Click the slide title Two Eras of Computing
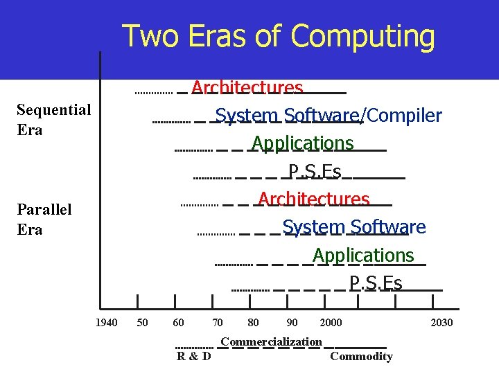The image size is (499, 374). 279,36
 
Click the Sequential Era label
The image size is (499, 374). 53,120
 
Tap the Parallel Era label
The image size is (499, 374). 44,219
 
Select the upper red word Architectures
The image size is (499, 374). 247,88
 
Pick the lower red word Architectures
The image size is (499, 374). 313,199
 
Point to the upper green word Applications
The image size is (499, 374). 302,143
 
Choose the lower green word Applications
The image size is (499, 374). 363,255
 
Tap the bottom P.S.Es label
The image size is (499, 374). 376,283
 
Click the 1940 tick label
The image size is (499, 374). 105,323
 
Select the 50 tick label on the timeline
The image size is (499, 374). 142,323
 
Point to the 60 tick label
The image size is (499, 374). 179,323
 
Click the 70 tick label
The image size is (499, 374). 218,323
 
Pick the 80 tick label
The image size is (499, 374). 254,323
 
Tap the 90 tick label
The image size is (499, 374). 292,323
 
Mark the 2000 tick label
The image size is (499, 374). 331,323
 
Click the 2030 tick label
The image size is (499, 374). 441,323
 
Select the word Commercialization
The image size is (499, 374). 271,341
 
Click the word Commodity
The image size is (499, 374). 361,357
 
